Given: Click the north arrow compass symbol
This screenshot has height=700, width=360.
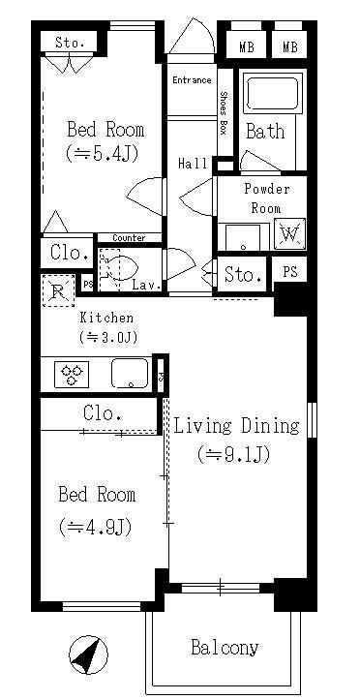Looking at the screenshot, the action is coord(88,654).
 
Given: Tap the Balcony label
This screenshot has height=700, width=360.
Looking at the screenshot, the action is coord(225,648).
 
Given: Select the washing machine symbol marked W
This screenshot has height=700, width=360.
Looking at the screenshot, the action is coord(289,234).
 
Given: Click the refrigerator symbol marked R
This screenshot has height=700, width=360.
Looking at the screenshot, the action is coord(58,290).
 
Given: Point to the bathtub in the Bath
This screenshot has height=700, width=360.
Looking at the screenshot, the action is coord(272,95).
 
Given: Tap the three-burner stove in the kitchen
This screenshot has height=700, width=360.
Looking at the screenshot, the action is coord(72,375).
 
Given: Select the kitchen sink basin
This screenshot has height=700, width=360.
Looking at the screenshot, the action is coord(131,374).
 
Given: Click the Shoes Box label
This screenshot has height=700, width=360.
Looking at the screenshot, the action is coord(224,113).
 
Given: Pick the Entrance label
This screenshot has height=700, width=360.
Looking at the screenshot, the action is coord(192,80).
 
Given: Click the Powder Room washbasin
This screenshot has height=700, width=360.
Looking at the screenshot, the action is coord(243,238).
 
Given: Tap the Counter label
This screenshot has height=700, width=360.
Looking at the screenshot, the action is coord(129,238).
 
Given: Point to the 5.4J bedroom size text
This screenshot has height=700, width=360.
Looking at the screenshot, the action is coord(102,154).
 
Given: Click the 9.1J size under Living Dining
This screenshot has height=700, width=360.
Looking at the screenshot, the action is coord(234,455).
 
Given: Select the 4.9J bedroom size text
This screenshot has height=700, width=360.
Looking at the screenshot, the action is coord(96,528).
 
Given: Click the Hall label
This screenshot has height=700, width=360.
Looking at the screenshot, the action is coord(193,164).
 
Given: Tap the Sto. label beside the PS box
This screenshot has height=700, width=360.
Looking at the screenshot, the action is coord(243,275).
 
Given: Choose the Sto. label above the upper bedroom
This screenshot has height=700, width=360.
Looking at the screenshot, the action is coord(70,43).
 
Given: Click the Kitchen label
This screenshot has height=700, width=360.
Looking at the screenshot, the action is coord(106,318).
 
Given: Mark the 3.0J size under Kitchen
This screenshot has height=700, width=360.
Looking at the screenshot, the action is coord(107,337).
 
